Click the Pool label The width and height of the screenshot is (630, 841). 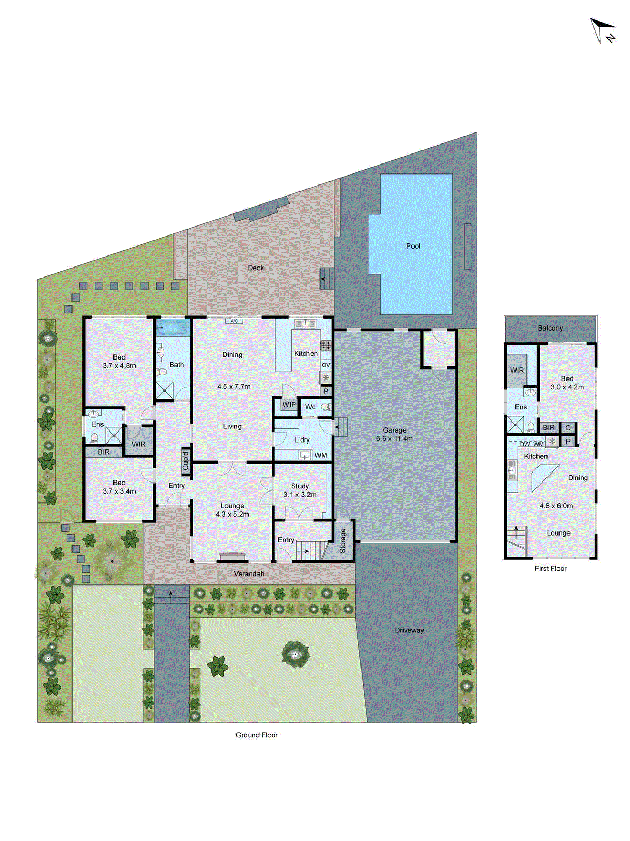pos(413,246)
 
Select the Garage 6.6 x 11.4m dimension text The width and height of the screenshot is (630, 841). pos(394,438)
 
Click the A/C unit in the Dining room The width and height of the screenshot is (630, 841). pos(234,321)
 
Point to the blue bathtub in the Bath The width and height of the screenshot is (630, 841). pos(172,327)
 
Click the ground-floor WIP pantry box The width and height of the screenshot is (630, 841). pos(288,405)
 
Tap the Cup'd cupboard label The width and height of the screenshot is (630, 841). pos(185,460)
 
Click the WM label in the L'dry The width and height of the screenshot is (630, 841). pos(321,455)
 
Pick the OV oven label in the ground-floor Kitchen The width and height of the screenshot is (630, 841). pos(326,365)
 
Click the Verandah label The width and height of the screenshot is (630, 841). pos(249,573)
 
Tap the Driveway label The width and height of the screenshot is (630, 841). pos(409,630)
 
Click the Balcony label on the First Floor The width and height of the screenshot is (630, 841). pos(550,328)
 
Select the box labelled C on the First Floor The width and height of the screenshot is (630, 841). pos(568,428)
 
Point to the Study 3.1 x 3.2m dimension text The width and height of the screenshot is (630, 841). pos(300,495)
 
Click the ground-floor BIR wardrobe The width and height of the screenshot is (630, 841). pos(104,452)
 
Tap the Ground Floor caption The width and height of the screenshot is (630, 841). pos(256,735)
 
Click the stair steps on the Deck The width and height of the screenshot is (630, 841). pos(327,277)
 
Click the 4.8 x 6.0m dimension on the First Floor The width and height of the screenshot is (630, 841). pos(556,506)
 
